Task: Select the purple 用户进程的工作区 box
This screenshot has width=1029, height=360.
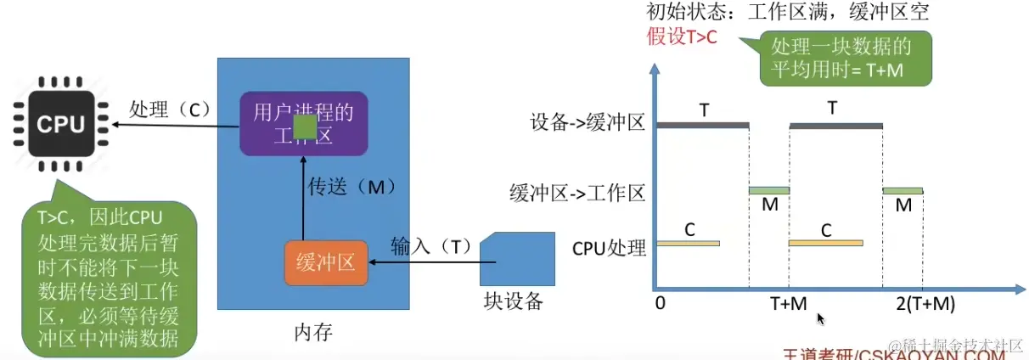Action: [x=302, y=124]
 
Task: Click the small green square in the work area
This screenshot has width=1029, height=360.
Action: [x=305, y=127]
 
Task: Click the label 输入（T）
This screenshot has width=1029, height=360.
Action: [x=430, y=246]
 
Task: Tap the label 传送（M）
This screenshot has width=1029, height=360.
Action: [x=351, y=185]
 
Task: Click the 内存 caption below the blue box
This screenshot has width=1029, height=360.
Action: [x=313, y=332]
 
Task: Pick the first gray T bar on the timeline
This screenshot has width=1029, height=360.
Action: [x=704, y=125]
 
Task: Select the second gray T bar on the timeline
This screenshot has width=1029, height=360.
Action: [x=835, y=125]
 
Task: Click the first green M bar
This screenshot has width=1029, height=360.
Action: [x=768, y=190]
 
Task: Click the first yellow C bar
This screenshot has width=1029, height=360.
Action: [x=689, y=244]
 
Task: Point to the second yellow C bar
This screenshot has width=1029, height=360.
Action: [x=825, y=244]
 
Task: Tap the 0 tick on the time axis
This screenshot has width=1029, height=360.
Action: [x=661, y=304]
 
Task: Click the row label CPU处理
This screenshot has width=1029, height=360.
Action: [x=609, y=248]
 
